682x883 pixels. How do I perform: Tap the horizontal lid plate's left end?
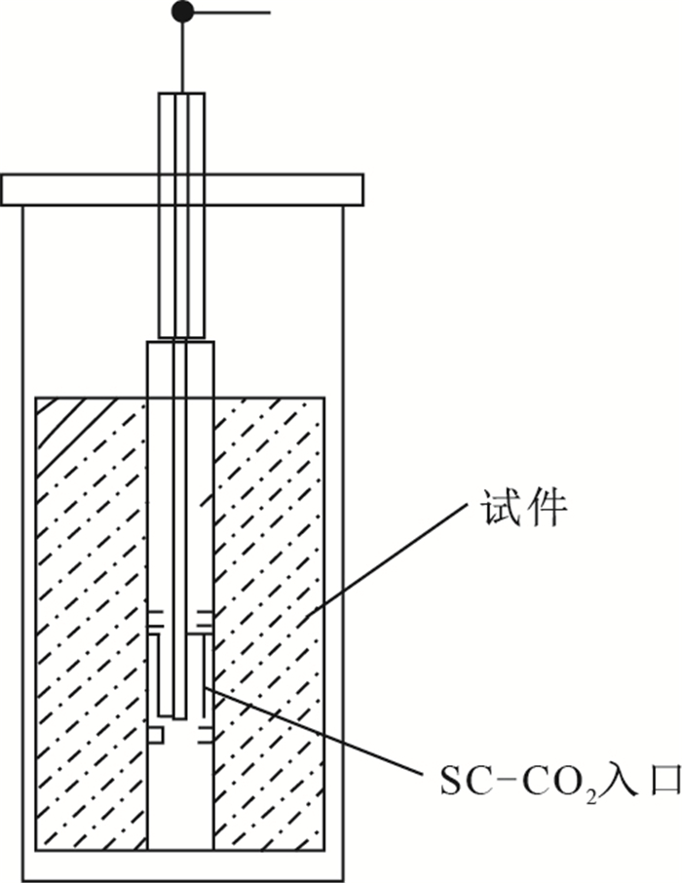click(8, 189)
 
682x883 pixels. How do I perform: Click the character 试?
click(497, 508)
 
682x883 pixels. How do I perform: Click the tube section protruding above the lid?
click(181, 132)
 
